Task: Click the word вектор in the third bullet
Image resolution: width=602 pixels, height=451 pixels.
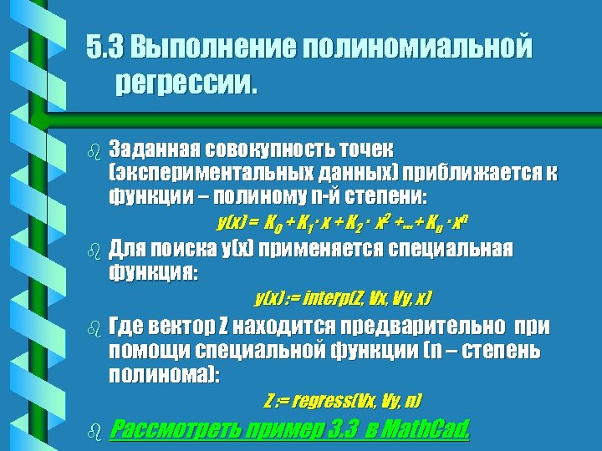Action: click(x=183, y=326)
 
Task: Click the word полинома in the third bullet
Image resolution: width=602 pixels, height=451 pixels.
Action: click(x=161, y=375)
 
